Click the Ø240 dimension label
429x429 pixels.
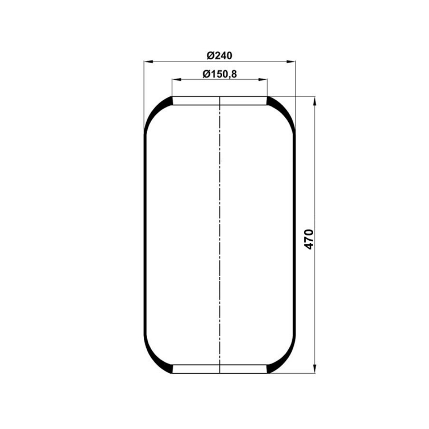(219, 56)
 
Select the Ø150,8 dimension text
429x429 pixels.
(220, 74)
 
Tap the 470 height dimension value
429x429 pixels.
(309, 239)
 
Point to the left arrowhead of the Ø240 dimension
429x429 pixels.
(148, 62)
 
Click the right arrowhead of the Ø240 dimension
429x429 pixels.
(291, 62)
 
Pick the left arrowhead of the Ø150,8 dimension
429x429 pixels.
(176, 80)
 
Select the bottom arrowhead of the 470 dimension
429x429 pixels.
(314, 369)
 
